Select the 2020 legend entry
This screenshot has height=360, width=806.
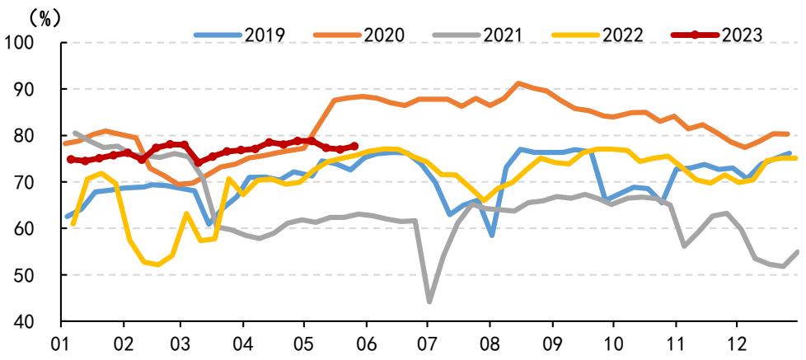coord(358,35)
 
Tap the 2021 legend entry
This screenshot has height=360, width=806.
coord(477,35)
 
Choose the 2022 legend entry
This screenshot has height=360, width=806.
coord(597,35)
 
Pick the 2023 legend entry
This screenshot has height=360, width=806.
coord(716,35)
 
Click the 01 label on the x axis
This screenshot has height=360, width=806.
coord(61,342)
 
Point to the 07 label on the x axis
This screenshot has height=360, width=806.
coord(427,342)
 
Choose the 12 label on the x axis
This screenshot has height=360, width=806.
coord(736,342)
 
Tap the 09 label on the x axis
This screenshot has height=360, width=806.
coord(552,342)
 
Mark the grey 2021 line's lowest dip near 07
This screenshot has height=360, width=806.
coord(429,302)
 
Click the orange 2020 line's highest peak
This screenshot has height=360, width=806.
coord(518,82)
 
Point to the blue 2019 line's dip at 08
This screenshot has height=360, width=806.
coord(492,236)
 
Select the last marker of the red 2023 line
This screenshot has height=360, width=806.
coord(354,146)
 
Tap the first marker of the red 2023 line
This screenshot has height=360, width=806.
coord(71,159)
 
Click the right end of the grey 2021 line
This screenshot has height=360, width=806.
coord(798,251)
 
